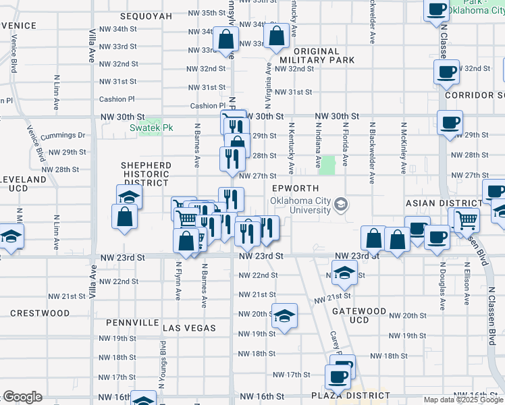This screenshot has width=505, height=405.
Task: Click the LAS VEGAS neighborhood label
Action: tap(189, 328)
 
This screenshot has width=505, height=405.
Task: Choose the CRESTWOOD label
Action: tap(40, 313)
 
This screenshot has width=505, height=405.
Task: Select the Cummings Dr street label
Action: tap(63, 135)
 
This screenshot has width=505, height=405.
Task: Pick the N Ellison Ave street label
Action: tap(467, 285)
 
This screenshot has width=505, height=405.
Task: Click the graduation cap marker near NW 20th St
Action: tap(284, 315)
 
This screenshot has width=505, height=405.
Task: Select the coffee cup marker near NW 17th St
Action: tap(338, 376)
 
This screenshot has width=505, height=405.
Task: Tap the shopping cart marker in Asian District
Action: tap(467, 219)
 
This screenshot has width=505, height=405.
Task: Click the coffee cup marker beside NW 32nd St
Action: tap(447, 72)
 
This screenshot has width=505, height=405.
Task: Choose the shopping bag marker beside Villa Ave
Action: tap(125, 217)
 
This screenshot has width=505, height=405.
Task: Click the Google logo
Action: tap(22, 397)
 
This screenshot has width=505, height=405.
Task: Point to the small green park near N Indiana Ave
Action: tap(327, 165)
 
